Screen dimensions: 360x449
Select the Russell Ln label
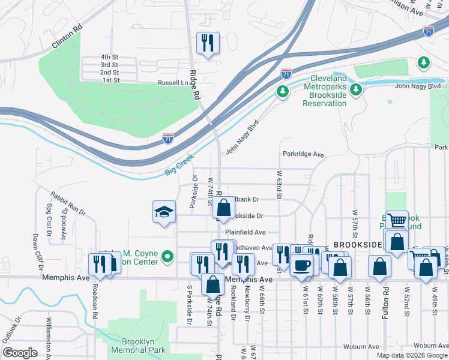(172, 83)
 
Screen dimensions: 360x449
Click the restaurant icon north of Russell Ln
(208, 43)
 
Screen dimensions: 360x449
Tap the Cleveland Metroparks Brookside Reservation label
(328, 91)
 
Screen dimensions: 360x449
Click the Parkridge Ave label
(303, 154)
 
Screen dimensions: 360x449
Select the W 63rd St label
(280, 185)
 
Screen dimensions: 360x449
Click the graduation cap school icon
(164, 212)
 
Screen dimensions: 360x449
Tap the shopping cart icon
(397, 221)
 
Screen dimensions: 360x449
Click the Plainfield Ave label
(245, 232)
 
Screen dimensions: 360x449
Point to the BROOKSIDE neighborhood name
(358, 245)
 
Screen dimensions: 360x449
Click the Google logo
(20, 353)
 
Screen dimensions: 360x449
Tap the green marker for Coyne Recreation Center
(168, 258)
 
